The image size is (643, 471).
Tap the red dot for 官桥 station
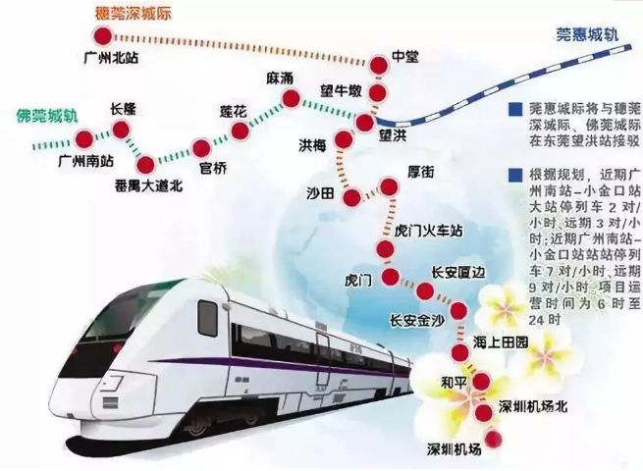(202, 148)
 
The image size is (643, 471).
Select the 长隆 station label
(130, 108)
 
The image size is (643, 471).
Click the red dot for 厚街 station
(391, 186)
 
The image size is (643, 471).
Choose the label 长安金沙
(416, 319)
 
